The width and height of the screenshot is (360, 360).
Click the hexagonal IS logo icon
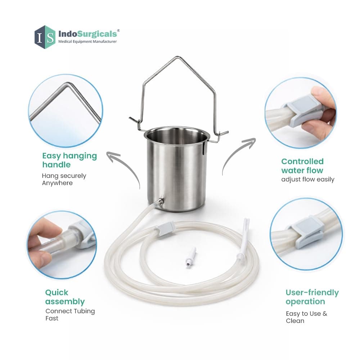click(45, 37)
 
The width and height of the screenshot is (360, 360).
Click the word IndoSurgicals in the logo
click(88, 34)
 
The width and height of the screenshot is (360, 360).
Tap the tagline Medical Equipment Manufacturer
click(87, 41)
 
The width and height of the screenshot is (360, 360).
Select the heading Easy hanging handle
click(69, 160)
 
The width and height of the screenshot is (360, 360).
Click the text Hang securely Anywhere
click(64, 179)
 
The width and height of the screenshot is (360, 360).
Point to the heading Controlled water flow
click(302, 166)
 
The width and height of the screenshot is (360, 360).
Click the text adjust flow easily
click(308, 179)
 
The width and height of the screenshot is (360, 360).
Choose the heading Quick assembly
click(65, 297)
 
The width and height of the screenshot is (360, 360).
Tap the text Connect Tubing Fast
click(70, 315)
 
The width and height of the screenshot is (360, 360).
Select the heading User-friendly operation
click(312, 297)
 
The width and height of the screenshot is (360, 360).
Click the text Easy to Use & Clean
click(306, 317)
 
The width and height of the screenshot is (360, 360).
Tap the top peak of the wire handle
click(177, 57)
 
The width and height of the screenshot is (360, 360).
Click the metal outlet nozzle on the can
click(159, 202)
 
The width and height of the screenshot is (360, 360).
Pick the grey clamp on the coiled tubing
click(165, 229)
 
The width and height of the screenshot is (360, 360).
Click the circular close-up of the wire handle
click(66, 111)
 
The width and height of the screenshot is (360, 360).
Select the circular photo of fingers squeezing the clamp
click(301, 113)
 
